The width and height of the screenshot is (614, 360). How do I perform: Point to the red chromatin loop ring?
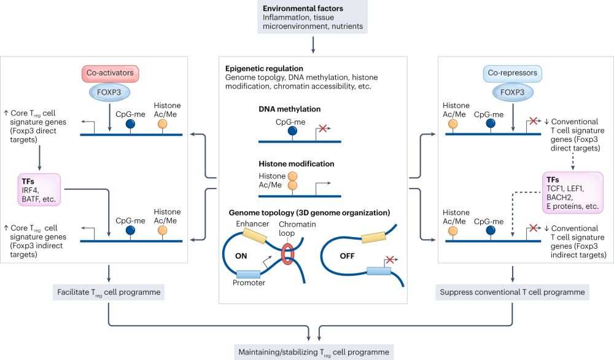288,253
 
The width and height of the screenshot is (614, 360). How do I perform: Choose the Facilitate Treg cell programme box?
108,292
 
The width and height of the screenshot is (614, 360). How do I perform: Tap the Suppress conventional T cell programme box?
513,292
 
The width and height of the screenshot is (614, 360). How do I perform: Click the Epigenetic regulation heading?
265,68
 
